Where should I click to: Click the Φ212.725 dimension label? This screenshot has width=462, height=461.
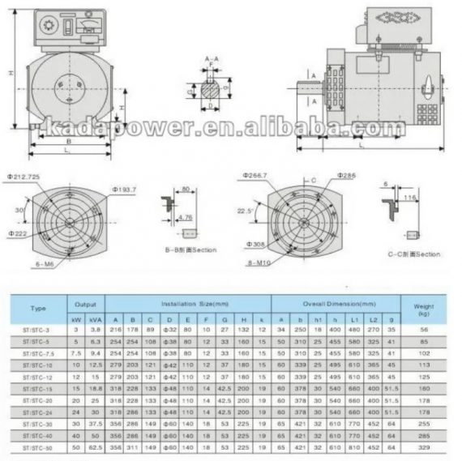click(x=24, y=176)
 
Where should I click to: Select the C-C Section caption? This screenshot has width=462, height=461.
click(x=413, y=254)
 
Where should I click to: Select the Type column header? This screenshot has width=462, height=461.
click(x=38, y=309)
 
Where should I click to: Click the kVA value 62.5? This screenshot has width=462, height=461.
click(x=96, y=447)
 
